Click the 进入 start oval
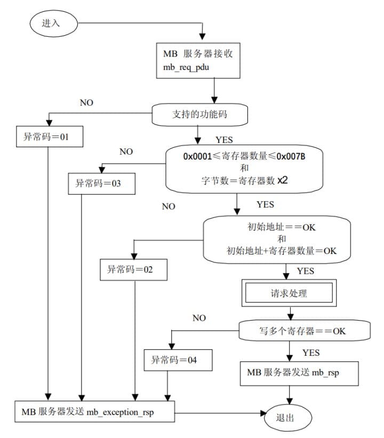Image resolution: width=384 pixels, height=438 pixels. pos(54,23)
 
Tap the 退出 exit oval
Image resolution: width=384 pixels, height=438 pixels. pos(287,418)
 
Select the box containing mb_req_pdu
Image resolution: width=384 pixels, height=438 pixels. pos(198,61)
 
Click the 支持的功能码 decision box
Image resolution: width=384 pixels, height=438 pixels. pos(199,115)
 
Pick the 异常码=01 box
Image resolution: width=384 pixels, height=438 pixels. pos(50,137)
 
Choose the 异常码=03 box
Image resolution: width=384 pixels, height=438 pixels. pos(102,184)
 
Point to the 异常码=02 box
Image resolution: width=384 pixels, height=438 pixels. pos(133,269)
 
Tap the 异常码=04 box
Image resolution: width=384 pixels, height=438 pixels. pos(178,360)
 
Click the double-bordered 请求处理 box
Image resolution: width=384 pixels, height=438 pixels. pos(289,293)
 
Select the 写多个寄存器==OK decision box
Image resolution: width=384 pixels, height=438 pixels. pos(305,331)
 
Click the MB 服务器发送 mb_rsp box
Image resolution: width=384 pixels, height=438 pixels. pos(299,374)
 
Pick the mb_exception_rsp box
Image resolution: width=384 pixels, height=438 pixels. pos(95,411)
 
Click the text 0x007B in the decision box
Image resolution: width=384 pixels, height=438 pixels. pos(291,156)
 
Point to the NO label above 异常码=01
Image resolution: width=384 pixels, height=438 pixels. pos(86,103)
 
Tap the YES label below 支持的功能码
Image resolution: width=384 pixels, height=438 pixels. pos(224,140)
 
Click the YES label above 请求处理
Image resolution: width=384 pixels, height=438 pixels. pos(306,271)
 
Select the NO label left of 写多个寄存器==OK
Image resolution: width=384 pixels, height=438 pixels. pos(199,318)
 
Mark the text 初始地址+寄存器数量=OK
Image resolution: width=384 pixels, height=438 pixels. pos(282,251)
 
